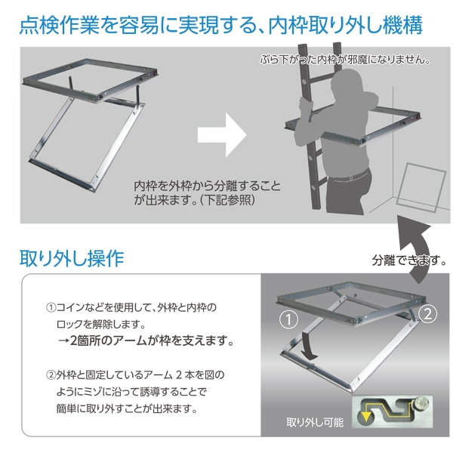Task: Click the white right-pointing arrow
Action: [223, 135]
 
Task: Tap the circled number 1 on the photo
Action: [288, 319]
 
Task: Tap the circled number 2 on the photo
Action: [427, 314]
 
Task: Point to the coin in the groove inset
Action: [421, 403]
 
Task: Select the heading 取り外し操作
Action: [72, 258]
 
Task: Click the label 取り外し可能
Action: [315, 422]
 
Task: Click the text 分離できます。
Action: [409, 260]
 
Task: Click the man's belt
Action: [350, 176]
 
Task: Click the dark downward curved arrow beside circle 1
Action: [309, 346]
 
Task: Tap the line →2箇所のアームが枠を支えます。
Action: [146, 341]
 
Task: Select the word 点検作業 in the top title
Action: [59, 25]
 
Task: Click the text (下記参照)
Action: [227, 200]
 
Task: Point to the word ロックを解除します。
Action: [101, 324]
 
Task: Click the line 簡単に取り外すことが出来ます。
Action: [127, 408]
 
